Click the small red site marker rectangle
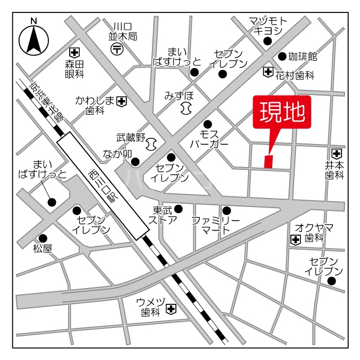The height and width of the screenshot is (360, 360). click(x=268, y=161)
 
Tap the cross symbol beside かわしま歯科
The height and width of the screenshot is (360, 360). click(x=121, y=101)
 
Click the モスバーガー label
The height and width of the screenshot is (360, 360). click(x=209, y=139)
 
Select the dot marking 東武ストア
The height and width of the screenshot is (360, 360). click(x=178, y=209)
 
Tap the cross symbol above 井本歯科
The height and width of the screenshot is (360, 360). click(x=336, y=153)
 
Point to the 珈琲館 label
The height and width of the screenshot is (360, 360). click(x=303, y=56)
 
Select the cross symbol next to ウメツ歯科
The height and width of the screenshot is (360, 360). click(x=171, y=309)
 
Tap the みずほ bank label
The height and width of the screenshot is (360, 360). click(x=179, y=95)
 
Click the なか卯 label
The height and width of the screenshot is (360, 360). click(x=117, y=154)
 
